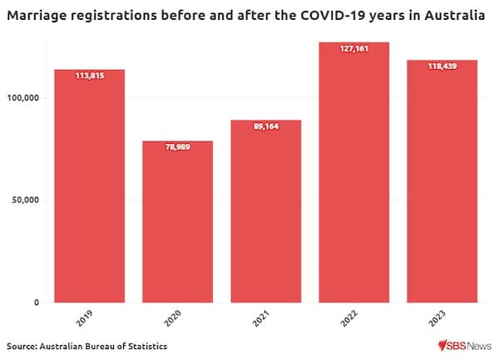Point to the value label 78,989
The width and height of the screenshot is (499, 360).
178,146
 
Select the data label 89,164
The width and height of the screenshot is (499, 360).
266,126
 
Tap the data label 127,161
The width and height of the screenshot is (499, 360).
354,48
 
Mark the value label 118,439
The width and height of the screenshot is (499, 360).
442,66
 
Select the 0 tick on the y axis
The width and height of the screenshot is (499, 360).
37,303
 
